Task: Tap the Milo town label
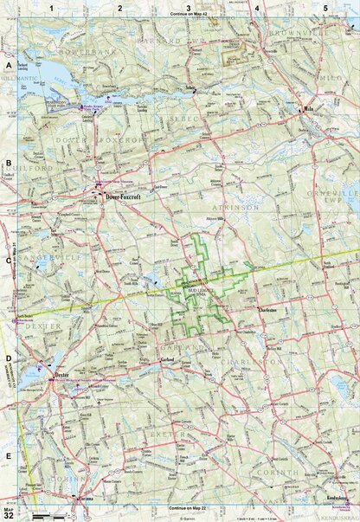pos(310,111)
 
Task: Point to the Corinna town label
pos(84,499)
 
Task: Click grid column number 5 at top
pos(325,7)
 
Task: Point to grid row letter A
pos(9,66)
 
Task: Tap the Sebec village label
pos(190,87)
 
